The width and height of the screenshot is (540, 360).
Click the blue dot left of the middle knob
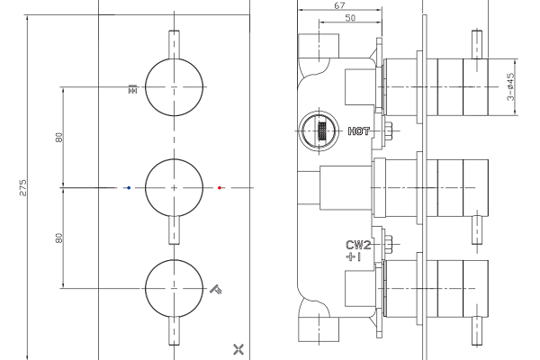129,188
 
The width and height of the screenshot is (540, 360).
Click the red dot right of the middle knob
220,188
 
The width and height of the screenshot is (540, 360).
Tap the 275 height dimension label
22,188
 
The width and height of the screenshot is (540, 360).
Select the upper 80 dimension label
59,138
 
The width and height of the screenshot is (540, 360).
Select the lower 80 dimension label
59,238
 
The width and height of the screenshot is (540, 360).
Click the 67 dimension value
339,5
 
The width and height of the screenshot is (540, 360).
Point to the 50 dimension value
350,18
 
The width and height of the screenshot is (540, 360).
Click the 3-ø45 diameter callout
510,86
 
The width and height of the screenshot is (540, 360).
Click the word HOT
358,131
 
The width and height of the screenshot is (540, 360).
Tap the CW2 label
358,245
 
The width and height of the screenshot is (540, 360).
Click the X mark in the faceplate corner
238,349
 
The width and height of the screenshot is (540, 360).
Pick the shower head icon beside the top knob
132,89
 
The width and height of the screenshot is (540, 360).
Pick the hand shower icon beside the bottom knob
216,290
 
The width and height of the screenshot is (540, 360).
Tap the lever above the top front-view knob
174,45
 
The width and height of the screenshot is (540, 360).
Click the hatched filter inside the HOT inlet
322,130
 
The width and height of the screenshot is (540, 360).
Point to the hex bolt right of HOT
389,130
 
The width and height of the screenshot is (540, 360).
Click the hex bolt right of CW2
389,244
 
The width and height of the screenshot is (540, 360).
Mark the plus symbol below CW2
350,256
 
